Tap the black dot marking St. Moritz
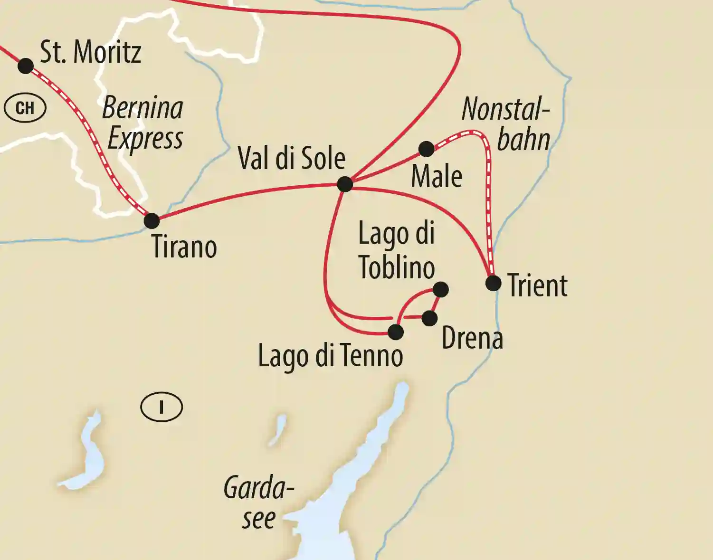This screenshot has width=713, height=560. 26,66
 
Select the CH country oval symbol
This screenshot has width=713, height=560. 25,108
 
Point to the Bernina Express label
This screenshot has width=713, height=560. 143,123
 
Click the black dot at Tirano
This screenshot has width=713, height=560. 152,220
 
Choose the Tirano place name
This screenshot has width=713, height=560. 184,247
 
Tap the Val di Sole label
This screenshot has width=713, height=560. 291,158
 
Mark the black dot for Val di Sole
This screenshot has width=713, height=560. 345,184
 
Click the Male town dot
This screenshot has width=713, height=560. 427,149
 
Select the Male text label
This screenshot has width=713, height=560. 437,177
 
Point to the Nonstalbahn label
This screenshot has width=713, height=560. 506,124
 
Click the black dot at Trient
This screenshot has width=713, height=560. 494,283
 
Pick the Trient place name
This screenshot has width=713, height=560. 537,286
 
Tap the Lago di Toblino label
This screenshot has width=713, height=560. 397,250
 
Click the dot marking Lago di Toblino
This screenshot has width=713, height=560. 441,289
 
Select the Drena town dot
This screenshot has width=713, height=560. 429,318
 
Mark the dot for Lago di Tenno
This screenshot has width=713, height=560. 396,332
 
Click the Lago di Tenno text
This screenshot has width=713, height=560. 331,356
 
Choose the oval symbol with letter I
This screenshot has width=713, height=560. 162,407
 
